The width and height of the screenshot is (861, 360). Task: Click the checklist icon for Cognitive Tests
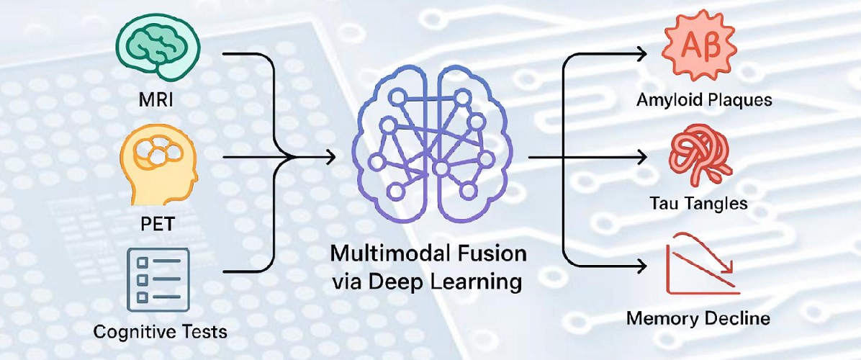157,279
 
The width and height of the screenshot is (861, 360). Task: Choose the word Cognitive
130,332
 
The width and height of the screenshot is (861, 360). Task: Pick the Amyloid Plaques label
704,99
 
